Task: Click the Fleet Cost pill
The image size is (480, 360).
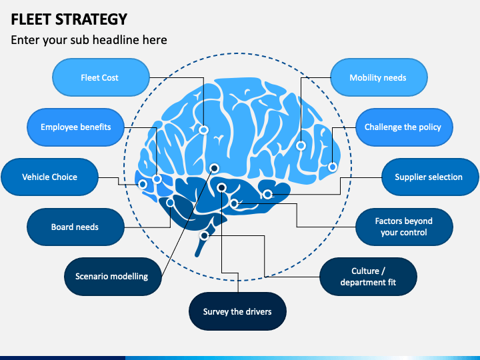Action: click(x=101, y=77)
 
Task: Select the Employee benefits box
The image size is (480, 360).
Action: click(x=75, y=127)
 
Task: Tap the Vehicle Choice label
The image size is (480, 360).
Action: click(x=49, y=177)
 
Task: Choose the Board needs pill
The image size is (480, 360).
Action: click(x=75, y=227)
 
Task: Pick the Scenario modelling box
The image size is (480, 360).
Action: click(x=113, y=277)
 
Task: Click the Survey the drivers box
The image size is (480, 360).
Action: click(x=237, y=311)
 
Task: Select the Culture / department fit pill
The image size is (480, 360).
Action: click(x=368, y=277)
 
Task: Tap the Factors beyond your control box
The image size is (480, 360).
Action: click(x=404, y=227)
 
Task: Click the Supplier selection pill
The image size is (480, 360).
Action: click(x=430, y=177)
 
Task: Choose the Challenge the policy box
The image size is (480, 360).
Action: click(x=404, y=127)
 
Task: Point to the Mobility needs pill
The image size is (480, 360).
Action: click(x=379, y=77)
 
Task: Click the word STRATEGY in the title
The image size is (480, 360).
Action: click(x=91, y=19)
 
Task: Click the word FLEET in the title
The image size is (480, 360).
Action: click(x=31, y=19)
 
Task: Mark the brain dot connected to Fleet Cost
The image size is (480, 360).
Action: click(x=203, y=130)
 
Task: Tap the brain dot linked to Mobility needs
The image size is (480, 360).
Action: click(x=301, y=145)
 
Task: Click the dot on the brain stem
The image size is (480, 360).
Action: click(x=204, y=236)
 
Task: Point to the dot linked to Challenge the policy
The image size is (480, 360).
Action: click(x=333, y=167)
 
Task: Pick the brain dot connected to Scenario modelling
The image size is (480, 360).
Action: click(x=214, y=168)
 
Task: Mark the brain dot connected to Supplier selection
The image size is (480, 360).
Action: click(x=267, y=194)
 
